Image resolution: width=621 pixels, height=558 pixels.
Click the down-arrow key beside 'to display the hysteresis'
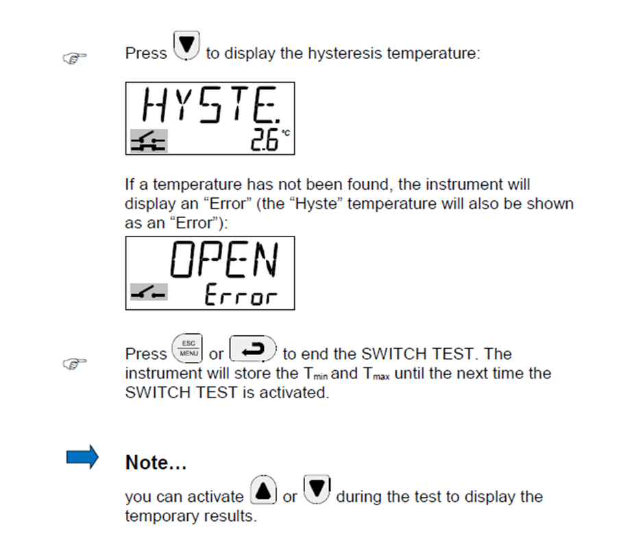(186, 45)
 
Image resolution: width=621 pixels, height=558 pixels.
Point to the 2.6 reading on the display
(264, 140)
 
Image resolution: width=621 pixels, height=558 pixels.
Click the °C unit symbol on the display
(286, 133)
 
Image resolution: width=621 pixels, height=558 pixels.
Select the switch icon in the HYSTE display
(149, 141)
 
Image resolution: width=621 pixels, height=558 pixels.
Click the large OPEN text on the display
(225, 259)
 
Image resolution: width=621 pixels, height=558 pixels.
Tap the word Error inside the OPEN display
(241, 294)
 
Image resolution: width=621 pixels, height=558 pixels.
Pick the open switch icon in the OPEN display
(149, 292)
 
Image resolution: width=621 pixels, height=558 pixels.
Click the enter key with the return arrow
(253, 349)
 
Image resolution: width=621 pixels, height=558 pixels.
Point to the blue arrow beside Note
(82, 457)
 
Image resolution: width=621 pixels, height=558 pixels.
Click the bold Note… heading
(156, 462)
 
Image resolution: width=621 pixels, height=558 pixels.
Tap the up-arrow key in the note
(263, 490)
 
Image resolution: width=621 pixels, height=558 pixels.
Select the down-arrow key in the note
(317, 489)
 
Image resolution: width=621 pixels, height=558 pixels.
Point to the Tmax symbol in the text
(376, 374)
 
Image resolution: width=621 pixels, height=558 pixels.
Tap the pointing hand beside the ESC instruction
(75, 363)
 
